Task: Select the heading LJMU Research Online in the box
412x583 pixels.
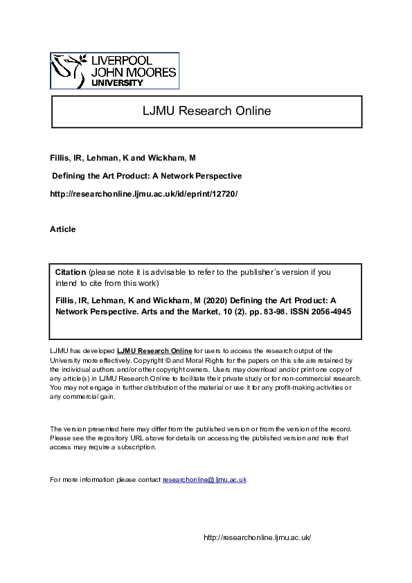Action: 207,111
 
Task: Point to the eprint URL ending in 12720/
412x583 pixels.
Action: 143,194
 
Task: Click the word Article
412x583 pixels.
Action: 63,229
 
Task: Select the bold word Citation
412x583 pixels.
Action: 71,272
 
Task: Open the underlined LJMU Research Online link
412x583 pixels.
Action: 154,352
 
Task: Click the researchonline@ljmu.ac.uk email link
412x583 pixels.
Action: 204,479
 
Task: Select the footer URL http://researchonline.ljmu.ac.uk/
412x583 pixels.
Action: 258,537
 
